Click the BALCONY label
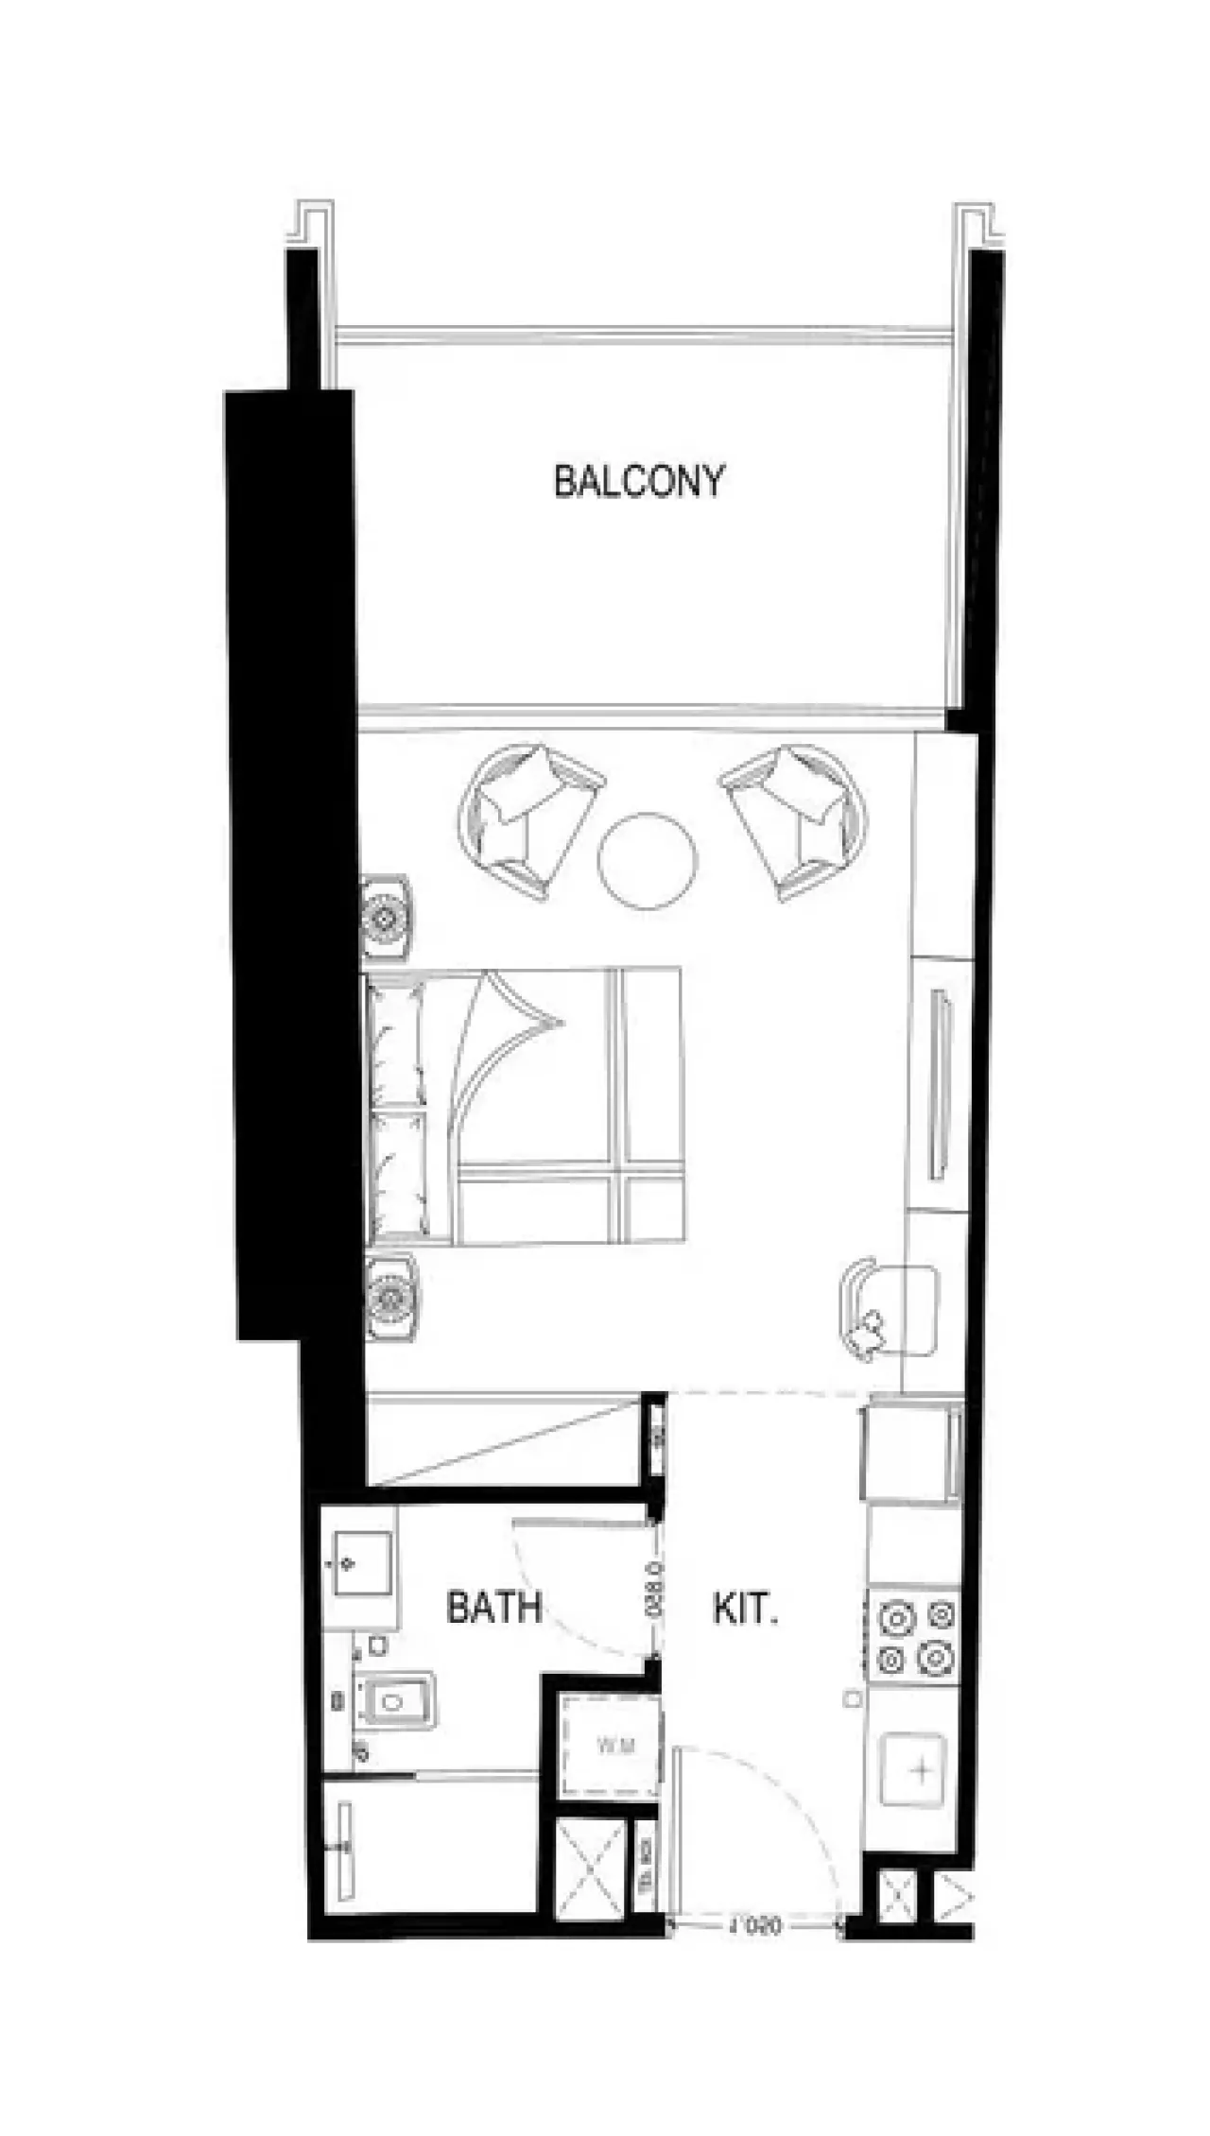tap(639, 481)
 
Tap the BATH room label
tap(493, 1607)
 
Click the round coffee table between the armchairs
tap(648, 859)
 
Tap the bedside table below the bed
tap(390, 1297)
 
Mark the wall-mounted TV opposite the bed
tap(940, 1083)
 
